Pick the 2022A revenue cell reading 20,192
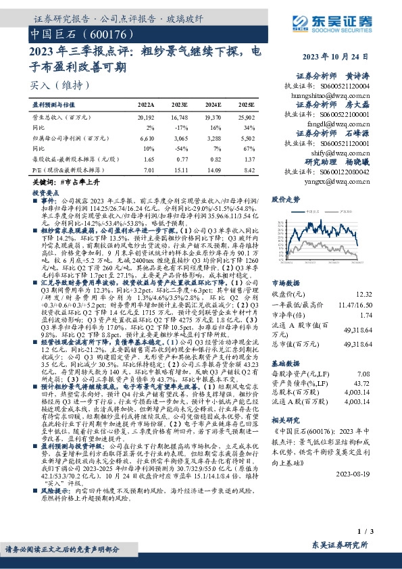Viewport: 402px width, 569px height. pyautogui.click(x=145, y=117)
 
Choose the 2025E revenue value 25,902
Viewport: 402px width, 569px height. pyautogui.click(x=247, y=117)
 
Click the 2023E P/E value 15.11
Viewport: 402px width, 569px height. pyautogui.click(x=180, y=170)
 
